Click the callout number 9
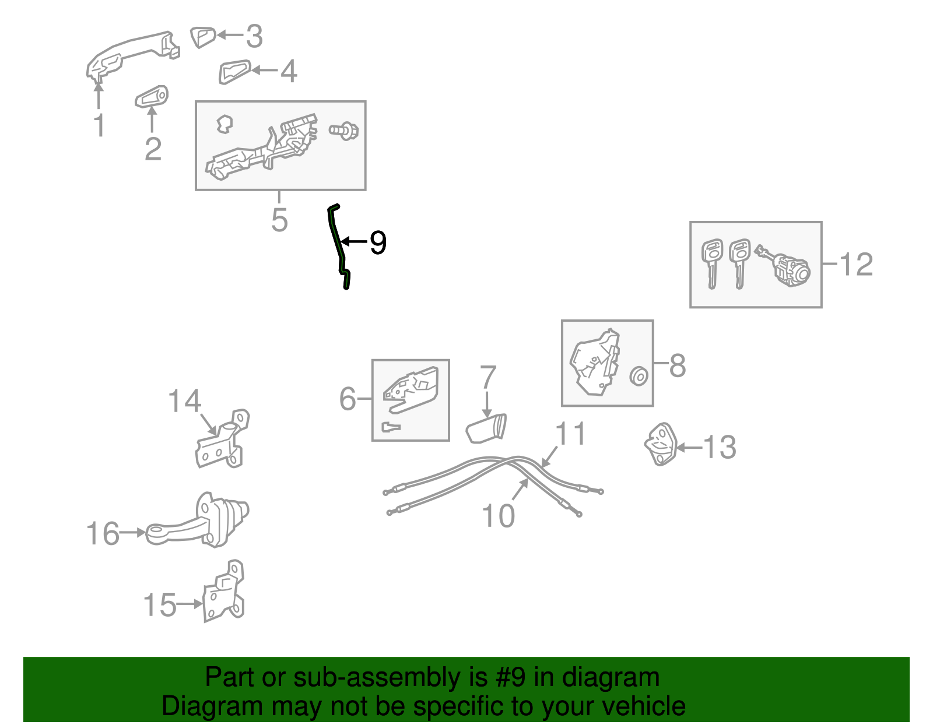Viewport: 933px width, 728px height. pos(378,242)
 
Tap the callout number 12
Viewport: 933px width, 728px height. pos(856,264)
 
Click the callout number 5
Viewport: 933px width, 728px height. pos(279,220)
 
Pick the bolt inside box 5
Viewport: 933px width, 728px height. pos(344,131)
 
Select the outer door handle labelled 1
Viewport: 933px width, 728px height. pos(133,55)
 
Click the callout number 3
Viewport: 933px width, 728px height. pos(254,36)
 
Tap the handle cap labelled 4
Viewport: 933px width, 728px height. pos(234,72)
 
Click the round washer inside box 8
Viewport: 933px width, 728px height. pos(639,377)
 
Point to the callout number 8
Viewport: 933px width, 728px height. pos(678,365)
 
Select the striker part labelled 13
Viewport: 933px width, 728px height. pos(660,444)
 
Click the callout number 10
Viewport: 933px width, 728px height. pos(498,515)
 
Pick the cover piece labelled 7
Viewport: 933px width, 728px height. pos(486,428)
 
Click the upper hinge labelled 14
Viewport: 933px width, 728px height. pos(222,439)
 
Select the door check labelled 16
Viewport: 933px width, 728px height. pos(198,520)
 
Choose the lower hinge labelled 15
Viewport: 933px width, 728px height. pos(223,591)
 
